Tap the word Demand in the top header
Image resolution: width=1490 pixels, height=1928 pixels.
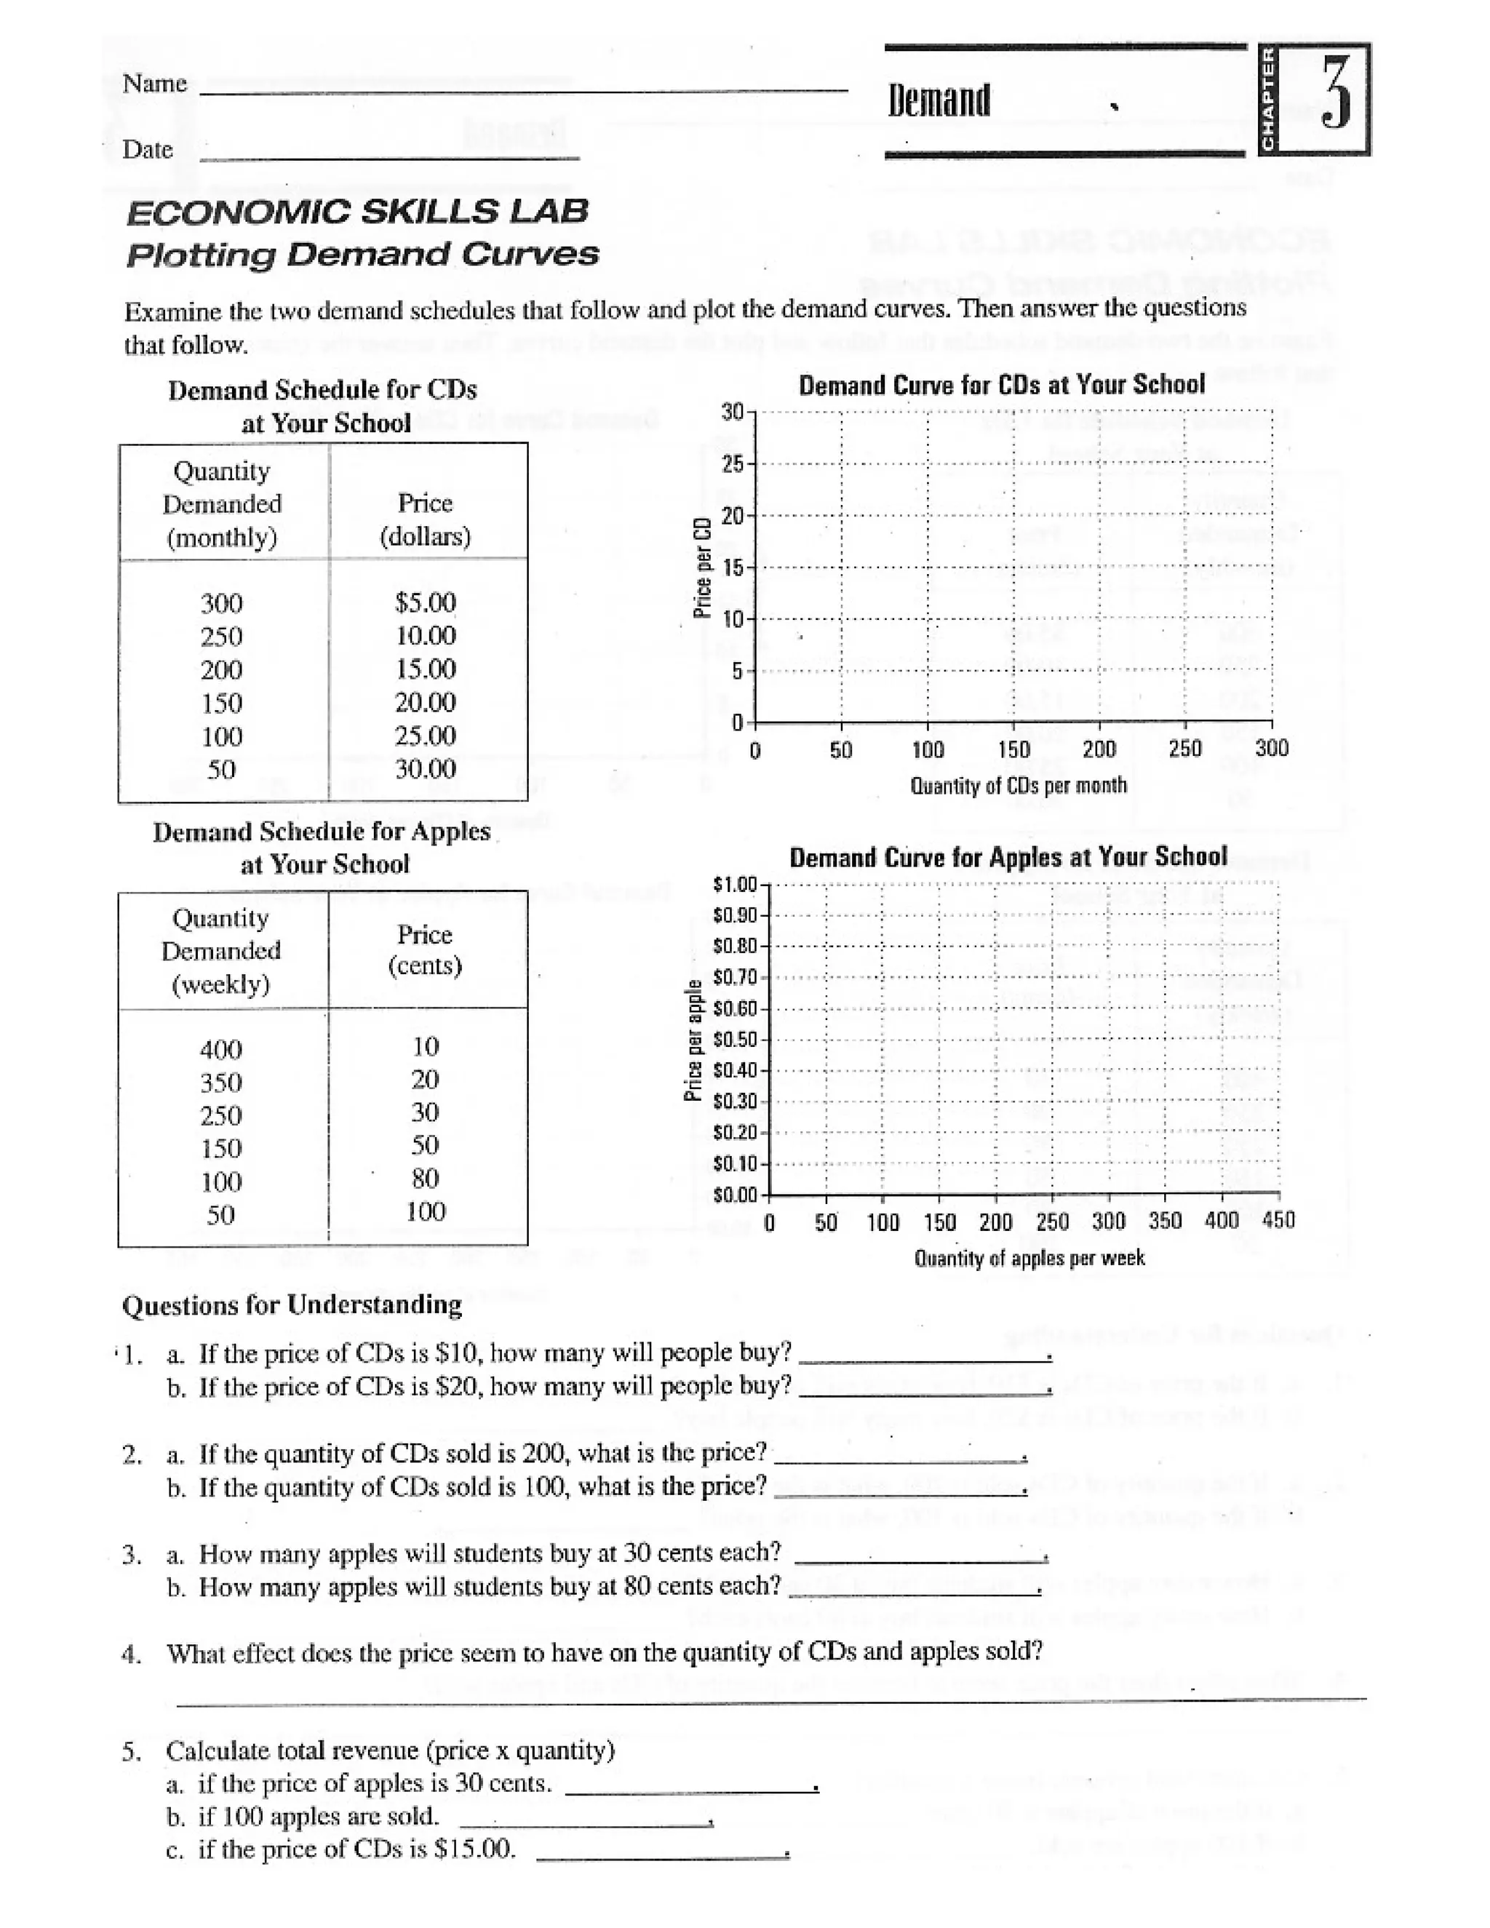(x=939, y=100)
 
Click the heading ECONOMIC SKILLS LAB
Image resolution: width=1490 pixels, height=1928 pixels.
(x=357, y=212)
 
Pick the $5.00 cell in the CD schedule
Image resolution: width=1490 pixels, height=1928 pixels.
(x=425, y=603)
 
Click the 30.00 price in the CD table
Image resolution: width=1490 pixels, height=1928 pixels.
(x=425, y=769)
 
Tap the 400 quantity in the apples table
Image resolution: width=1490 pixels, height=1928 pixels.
(x=220, y=1050)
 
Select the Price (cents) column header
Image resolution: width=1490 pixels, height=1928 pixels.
(x=425, y=950)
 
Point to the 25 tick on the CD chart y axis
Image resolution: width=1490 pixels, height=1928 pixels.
(x=733, y=464)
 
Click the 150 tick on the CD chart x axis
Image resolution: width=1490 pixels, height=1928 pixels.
(x=1013, y=749)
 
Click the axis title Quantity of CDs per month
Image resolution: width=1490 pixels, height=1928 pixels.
(x=1018, y=785)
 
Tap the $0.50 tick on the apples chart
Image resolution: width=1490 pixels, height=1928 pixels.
(x=736, y=1040)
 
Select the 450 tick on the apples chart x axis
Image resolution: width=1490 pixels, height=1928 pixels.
(x=1278, y=1221)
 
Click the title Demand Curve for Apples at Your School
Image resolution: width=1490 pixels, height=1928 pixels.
(x=1007, y=857)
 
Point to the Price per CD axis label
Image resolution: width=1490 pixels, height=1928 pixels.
(x=703, y=567)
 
